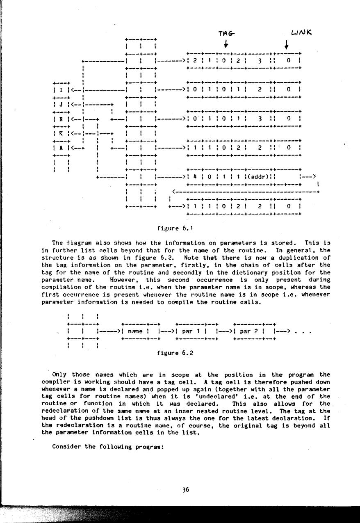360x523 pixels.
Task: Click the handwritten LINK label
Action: (x=301, y=32)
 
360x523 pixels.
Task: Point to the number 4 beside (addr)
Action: (x=195, y=177)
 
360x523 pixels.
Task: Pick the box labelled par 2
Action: (x=248, y=331)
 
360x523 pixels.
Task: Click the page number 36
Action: (x=186, y=489)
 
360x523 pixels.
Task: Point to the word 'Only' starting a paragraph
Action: (x=59, y=375)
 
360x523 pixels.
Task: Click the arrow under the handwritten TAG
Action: (x=226, y=43)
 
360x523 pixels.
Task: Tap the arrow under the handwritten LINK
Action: (x=286, y=43)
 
